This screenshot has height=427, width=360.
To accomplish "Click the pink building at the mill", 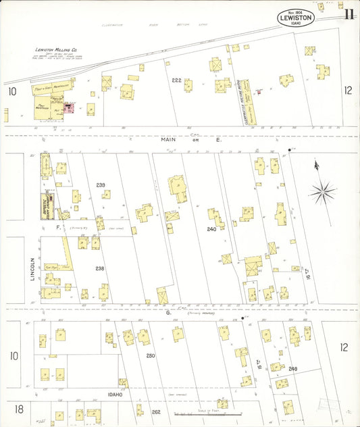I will click(68, 107).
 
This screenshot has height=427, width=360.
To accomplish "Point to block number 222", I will click(177, 80).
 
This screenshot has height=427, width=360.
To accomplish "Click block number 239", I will click(101, 184).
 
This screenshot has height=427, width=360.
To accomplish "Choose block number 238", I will click(100, 268).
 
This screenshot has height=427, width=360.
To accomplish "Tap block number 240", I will click(211, 229).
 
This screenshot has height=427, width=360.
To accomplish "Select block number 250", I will click(150, 355).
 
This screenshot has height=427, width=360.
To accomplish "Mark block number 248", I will click(292, 368).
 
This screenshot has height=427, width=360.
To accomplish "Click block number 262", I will click(156, 412).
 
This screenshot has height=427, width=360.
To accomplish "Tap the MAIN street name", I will click(168, 139).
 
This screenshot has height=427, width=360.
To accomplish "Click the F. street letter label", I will click(59, 228).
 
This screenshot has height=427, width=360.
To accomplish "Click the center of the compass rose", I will click(323, 193).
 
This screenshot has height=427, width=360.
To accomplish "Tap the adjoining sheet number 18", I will click(19, 409).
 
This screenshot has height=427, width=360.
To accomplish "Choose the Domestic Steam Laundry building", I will click(47, 205).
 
